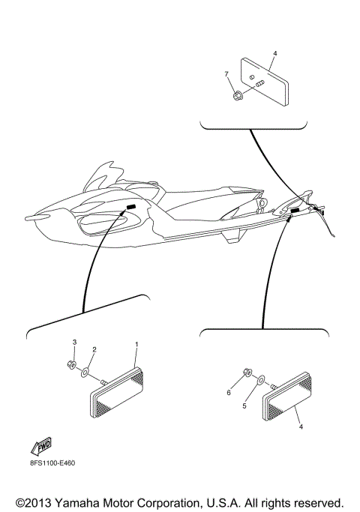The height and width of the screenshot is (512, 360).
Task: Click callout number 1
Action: pos(136,343)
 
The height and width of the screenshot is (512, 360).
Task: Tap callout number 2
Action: pos(94,349)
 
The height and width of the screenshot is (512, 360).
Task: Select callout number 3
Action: pos(74,343)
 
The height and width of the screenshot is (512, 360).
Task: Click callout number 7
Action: pos(226,73)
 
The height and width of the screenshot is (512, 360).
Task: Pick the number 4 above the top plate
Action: pos(274,54)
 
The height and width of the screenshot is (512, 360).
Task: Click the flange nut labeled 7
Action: pos(236,95)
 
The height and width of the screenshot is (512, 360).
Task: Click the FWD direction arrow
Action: pos(40,447)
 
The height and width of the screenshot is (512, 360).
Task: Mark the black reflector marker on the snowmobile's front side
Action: pos(130,207)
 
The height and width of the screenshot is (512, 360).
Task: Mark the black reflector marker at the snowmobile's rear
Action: pos(295,213)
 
